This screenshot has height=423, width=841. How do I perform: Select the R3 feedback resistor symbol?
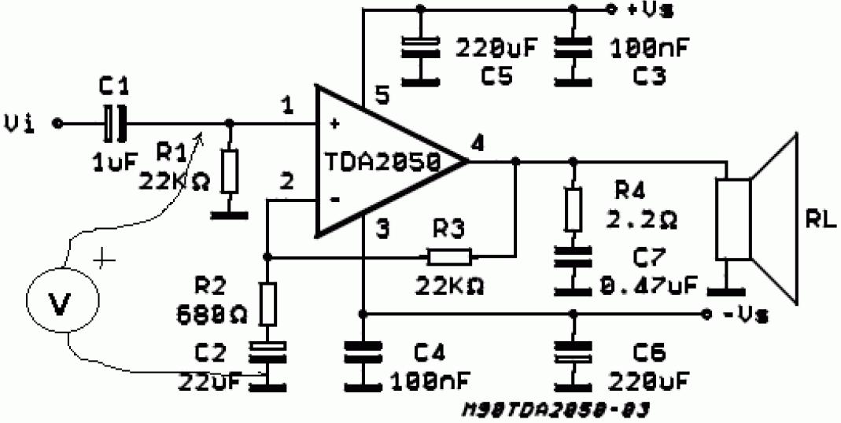coord(449,256)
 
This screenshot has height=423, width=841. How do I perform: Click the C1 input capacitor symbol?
coord(114,123)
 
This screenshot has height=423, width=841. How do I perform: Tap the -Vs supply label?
coord(743,314)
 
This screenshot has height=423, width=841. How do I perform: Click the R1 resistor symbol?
coord(229,172)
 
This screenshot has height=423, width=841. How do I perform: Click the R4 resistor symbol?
coord(573,208)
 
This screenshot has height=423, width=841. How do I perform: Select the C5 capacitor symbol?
coord(419,48)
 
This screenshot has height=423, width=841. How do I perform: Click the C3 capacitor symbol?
coord(573,48)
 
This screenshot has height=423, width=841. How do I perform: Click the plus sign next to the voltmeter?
coord(105,258)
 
